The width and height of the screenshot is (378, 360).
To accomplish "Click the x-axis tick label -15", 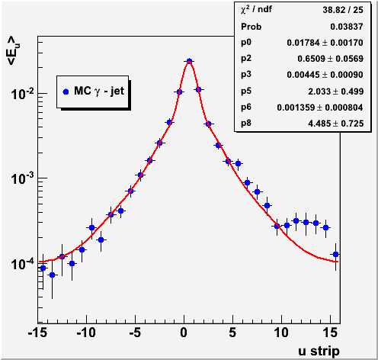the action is click(x=38, y=333).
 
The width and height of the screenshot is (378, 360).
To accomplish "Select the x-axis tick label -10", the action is click(x=86, y=333).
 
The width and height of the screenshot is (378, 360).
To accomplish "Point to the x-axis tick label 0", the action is click(x=184, y=333).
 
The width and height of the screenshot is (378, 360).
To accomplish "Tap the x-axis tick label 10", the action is click(x=281, y=333).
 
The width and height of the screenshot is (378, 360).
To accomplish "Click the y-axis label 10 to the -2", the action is click(x=22, y=94).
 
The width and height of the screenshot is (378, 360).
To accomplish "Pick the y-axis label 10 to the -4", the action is click(x=22, y=264).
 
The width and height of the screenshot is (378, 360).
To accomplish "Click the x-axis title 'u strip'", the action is click(x=319, y=352).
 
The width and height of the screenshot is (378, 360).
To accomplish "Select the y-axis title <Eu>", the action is click(x=14, y=51).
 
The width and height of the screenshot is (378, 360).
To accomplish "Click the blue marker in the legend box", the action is click(x=66, y=92).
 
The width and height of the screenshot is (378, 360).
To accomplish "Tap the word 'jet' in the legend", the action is click(x=117, y=91).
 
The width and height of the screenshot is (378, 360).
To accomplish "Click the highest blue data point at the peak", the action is click(x=189, y=61).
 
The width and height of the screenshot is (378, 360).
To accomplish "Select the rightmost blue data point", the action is click(x=335, y=254).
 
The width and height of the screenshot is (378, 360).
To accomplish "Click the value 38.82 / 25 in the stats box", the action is click(x=343, y=10).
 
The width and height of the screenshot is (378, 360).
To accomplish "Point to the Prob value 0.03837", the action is click(x=347, y=27).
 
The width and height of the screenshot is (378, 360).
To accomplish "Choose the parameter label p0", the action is click(x=246, y=42).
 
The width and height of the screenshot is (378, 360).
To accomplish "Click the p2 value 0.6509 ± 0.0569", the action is click(x=331, y=59).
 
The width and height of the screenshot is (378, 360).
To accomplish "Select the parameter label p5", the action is click(x=246, y=91).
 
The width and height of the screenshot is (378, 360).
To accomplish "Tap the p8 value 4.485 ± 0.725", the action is click(x=336, y=124).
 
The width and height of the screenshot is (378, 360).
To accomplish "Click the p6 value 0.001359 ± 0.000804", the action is click(x=320, y=108).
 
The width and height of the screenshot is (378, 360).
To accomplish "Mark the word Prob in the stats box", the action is click(x=251, y=27).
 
